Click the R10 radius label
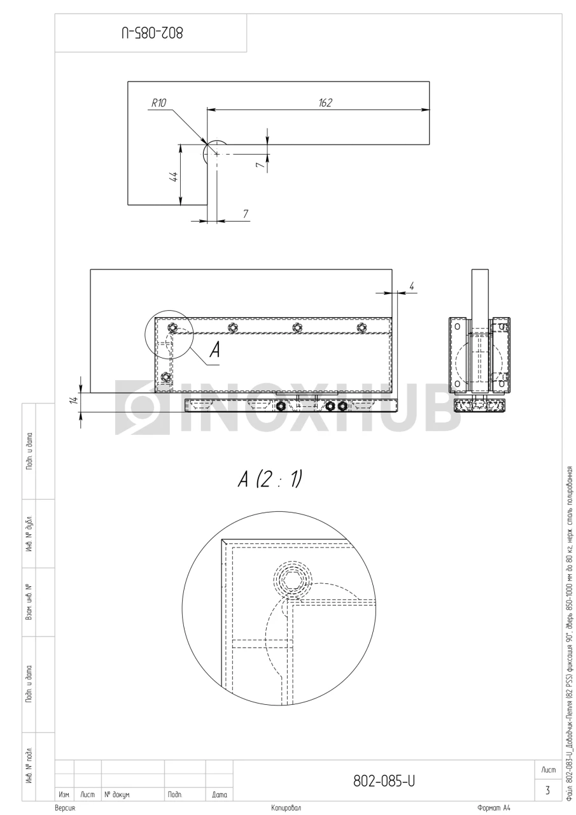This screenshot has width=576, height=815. [158, 103]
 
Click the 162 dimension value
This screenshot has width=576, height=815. [325, 103]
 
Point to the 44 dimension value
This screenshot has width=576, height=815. [174, 177]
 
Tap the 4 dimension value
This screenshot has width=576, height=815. [411, 287]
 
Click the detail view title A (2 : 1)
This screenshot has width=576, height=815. [270, 479]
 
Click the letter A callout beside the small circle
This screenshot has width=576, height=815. [215, 350]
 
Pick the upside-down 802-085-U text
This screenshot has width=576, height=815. [152, 33]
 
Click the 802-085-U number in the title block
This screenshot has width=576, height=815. [384, 781]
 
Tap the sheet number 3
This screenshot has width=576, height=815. [547, 791]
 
